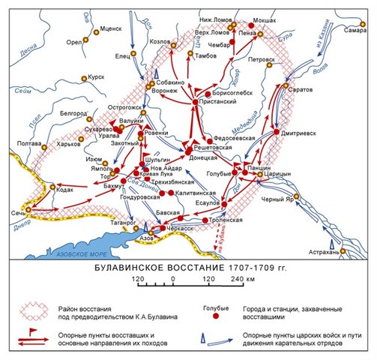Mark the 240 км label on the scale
point(242,279)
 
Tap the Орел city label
point(75,43)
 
